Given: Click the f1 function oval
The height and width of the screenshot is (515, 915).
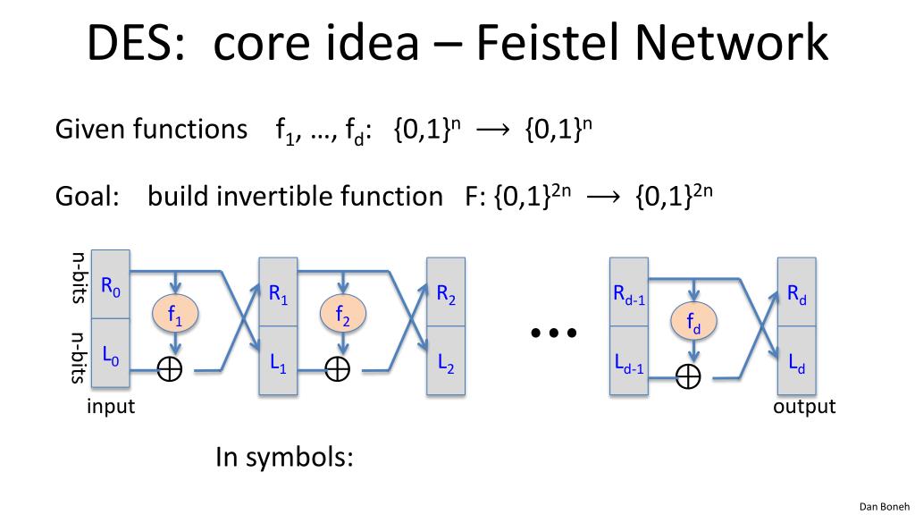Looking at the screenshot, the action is (x=175, y=313).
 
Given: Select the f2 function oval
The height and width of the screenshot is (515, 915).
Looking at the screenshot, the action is (x=342, y=313).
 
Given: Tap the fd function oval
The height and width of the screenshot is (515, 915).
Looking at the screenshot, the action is (x=693, y=321).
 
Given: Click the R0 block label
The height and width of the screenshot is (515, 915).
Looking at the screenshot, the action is (x=111, y=287).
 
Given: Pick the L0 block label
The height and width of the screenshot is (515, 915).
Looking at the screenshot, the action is (x=111, y=356).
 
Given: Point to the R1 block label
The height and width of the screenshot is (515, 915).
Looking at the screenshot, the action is (x=279, y=293).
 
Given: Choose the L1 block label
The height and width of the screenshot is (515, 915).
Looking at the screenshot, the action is (x=279, y=363).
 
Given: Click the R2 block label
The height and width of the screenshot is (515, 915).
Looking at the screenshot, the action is (x=446, y=293).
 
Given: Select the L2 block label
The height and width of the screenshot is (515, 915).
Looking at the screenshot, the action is (x=446, y=363).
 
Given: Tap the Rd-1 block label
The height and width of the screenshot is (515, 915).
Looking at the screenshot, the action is (x=629, y=293).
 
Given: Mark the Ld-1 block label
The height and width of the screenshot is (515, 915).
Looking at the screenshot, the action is (x=629, y=363).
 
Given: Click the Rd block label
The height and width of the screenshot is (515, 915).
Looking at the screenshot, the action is (x=796, y=293).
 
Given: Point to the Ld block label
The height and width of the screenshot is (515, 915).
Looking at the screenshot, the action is (x=796, y=363).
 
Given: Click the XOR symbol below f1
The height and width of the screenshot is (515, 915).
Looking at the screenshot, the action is (x=170, y=369).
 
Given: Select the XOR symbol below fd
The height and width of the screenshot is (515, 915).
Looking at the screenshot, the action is (x=688, y=376).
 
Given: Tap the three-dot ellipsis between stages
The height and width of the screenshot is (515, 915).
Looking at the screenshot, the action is (x=554, y=333).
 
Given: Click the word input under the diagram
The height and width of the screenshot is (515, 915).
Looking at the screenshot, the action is (x=111, y=407).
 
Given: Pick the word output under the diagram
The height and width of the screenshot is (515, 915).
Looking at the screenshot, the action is (x=804, y=407).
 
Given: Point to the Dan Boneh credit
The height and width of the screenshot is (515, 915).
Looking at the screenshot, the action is (x=884, y=507).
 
